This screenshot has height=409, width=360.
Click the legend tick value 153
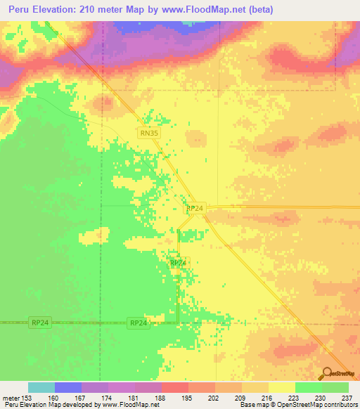click(27, 398)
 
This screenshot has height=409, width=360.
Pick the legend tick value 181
click(134, 398)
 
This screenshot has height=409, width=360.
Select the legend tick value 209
click(242, 398)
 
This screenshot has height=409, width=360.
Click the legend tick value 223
click(295, 398)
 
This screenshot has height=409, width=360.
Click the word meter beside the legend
click(10, 398)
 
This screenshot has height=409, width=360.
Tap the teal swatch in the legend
click(41, 387)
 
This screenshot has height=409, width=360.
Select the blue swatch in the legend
click(68, 387)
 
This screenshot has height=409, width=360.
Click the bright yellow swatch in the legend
click(282, 387)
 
